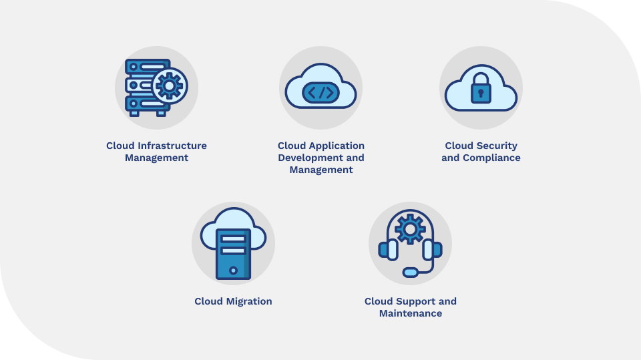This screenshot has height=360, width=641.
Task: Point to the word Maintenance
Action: [x=411, y=313]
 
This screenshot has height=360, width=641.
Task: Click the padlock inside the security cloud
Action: [x=481, y=89]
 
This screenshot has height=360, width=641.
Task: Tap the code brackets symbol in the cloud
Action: [x=321, y=93]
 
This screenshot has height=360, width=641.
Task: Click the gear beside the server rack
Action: [x=170, y=85]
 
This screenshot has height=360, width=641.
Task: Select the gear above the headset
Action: [x=410, y=229]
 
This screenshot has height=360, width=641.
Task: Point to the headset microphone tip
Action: [x=409, y=272]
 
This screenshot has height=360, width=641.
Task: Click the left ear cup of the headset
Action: [x=387, y=250]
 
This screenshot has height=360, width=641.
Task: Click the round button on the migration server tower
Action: [x=233, y=271]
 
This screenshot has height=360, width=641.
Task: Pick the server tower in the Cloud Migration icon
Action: [x=233, y=254]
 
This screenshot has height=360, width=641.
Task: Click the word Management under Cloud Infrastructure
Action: [x=156, y=158]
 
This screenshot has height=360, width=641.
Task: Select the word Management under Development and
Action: [x=321, y=170]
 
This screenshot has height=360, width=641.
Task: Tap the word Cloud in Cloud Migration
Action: [x=208, y=301]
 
